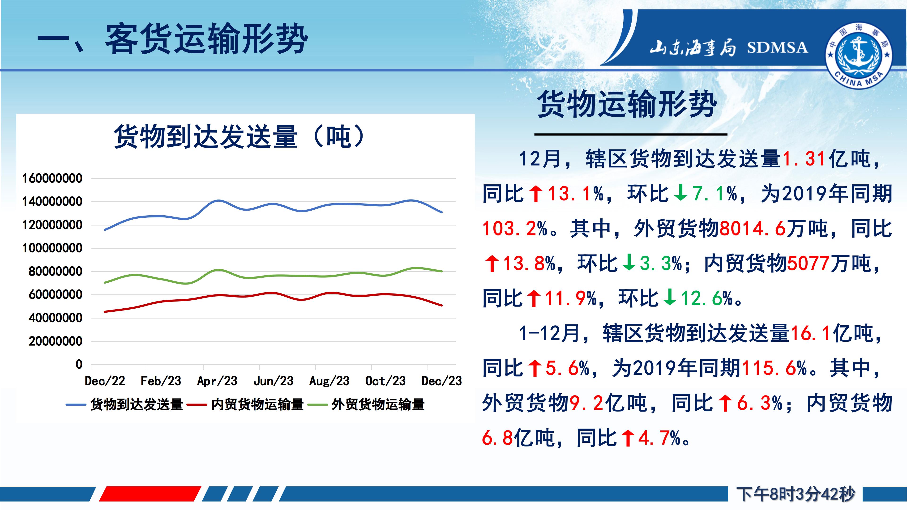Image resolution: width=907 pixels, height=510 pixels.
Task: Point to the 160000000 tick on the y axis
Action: click(52, 178)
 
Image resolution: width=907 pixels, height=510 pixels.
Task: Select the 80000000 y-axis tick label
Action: click(55, 271)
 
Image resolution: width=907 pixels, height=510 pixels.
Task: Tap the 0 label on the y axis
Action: click(79, 364)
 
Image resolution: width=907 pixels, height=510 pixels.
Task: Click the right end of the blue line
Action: click(442, 212)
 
